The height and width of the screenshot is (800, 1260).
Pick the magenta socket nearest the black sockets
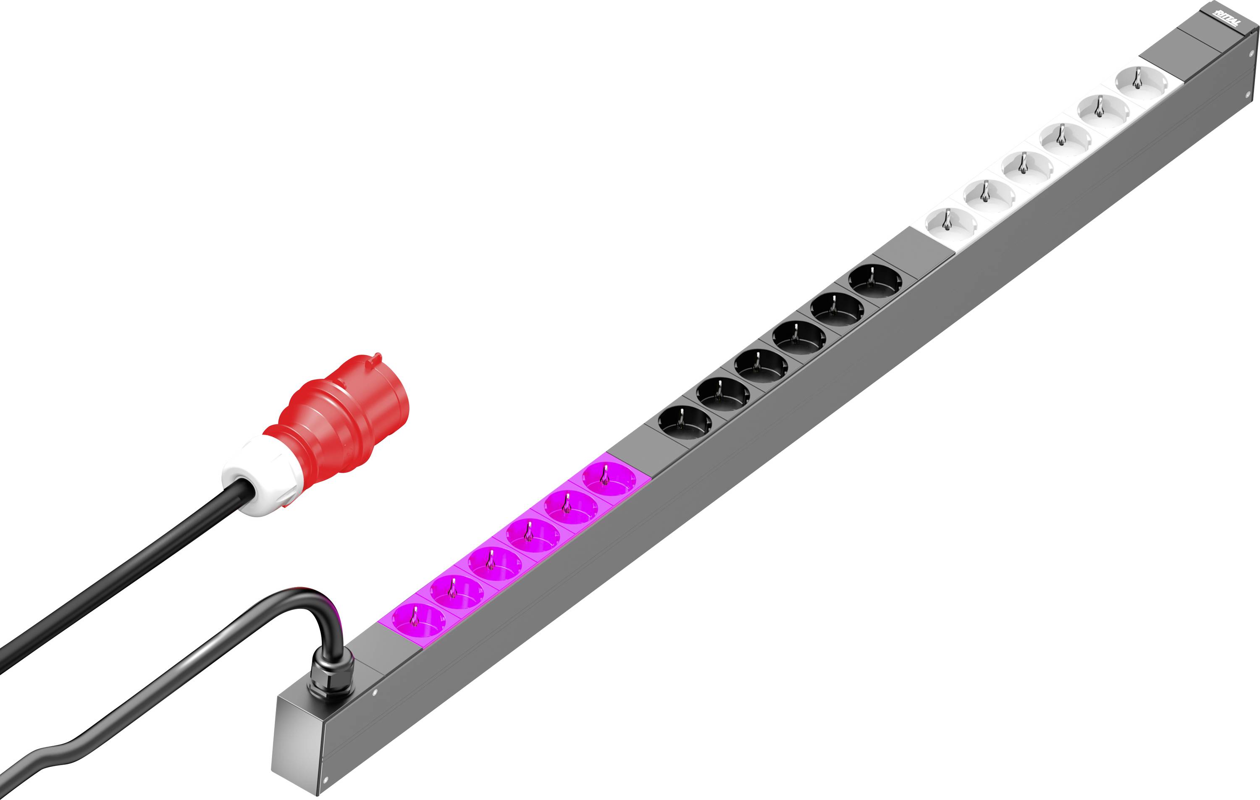tap(609, 479)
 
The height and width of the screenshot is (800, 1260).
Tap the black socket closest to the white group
tap(875, 281)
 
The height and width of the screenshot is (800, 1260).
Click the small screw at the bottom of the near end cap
tap(325, 779)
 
